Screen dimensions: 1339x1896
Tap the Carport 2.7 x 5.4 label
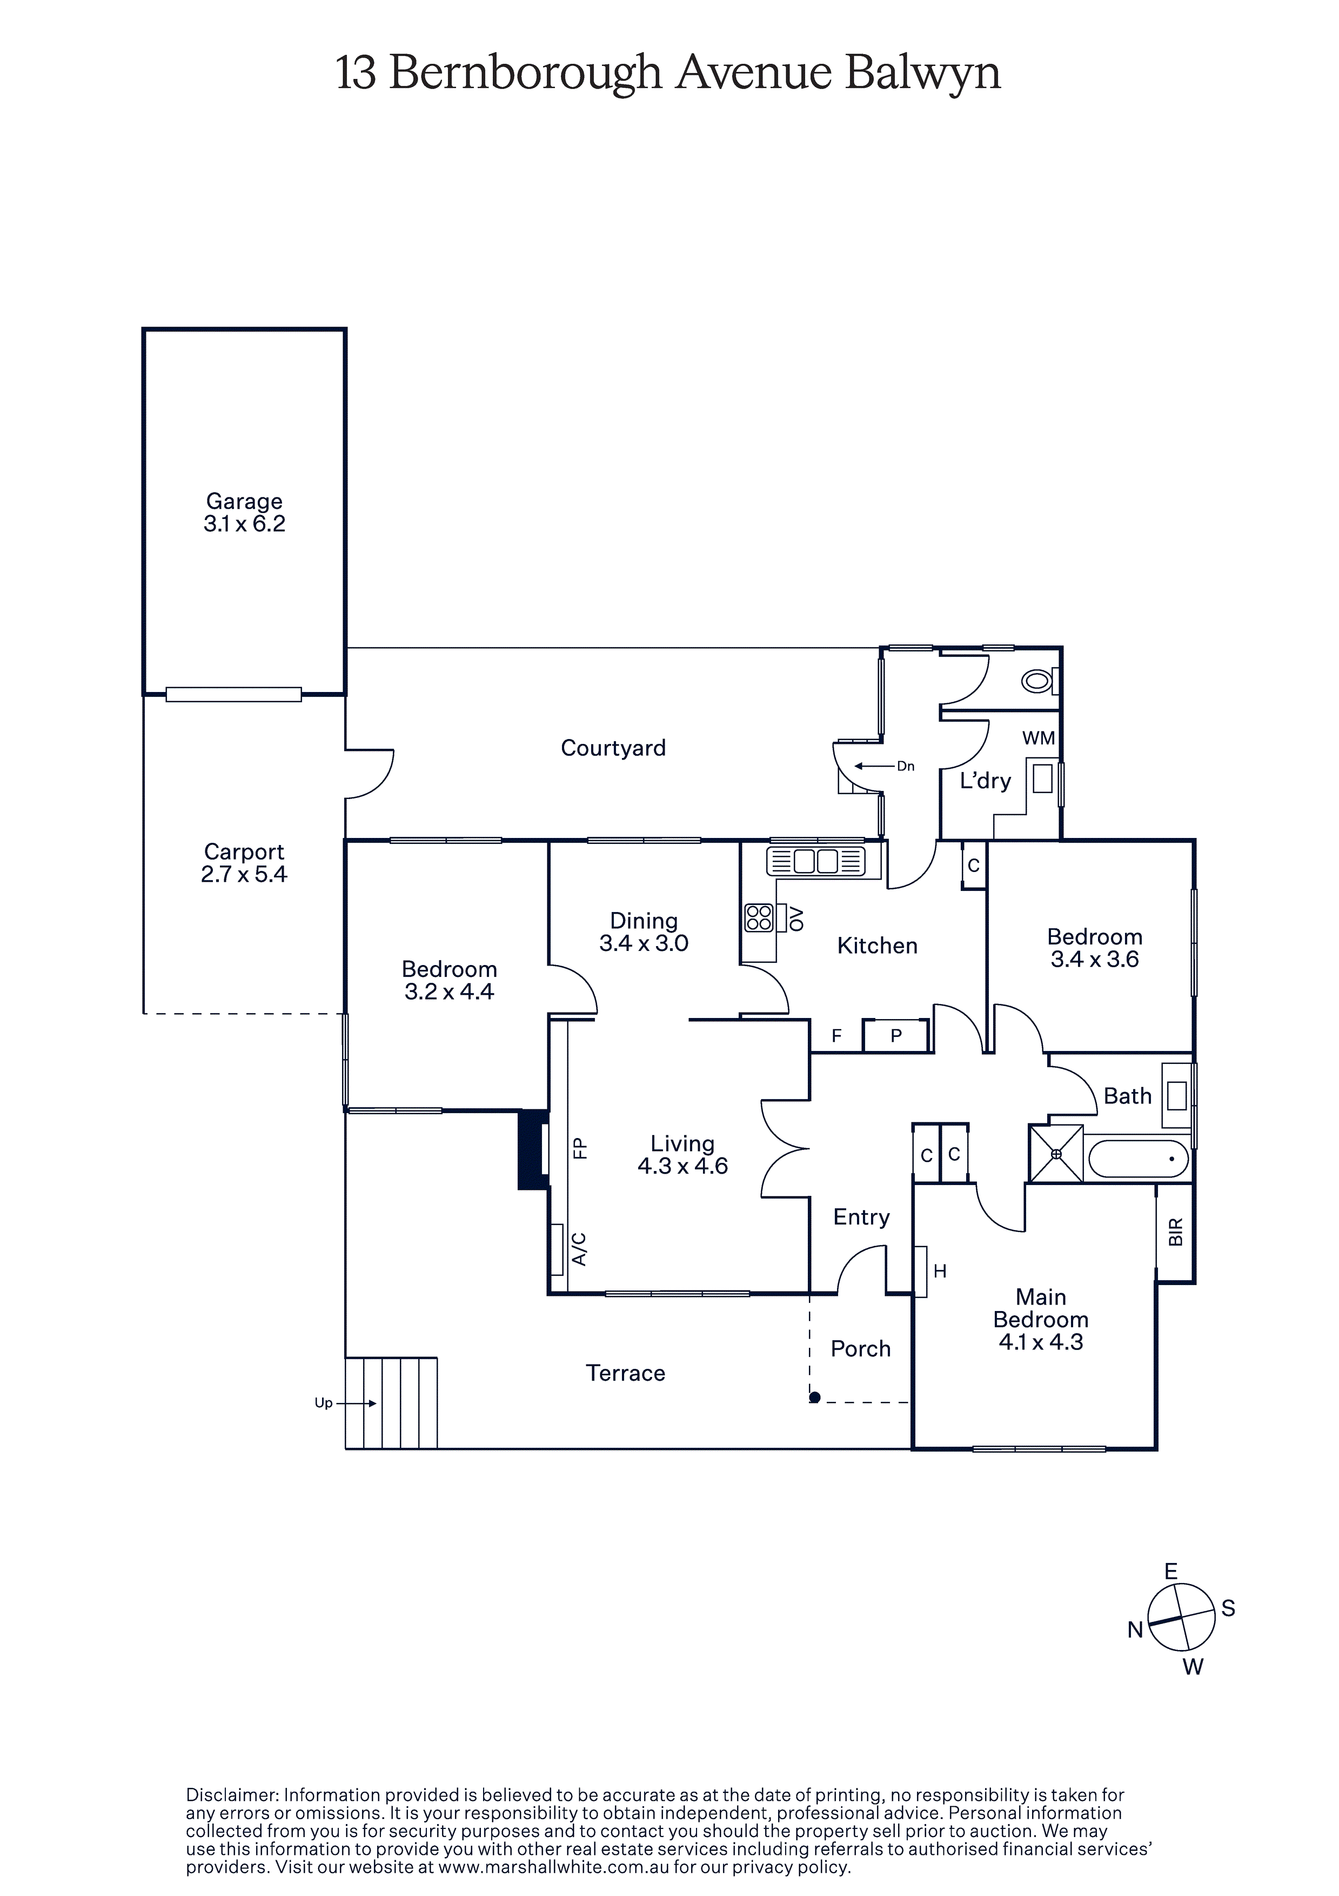pyautogui.click(x=244, y=863)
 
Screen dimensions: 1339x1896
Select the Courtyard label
pyautogui.click(x=613, y=748)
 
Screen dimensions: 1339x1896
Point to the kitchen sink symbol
pyautogui.click(x=815, y=861)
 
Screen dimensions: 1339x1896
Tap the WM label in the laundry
pyautogui.click(x=1039, y=739)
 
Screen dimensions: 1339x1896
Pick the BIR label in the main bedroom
pyautogui.click(x=1176, y=1232)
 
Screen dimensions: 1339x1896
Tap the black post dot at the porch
pyautogui.click(x=815, y=1397)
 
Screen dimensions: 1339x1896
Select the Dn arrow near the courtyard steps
pyautogui.click(x=875, y=766)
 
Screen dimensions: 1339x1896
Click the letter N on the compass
pyautogui.click(x=1136, y=1629)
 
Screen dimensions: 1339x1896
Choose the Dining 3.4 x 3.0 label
pyautogui.click(x=644, y=932)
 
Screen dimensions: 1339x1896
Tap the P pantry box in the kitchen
pyautogui.click(x=896, y=1035)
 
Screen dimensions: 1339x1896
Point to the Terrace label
pyautogui.click(x=626, y=1373)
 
